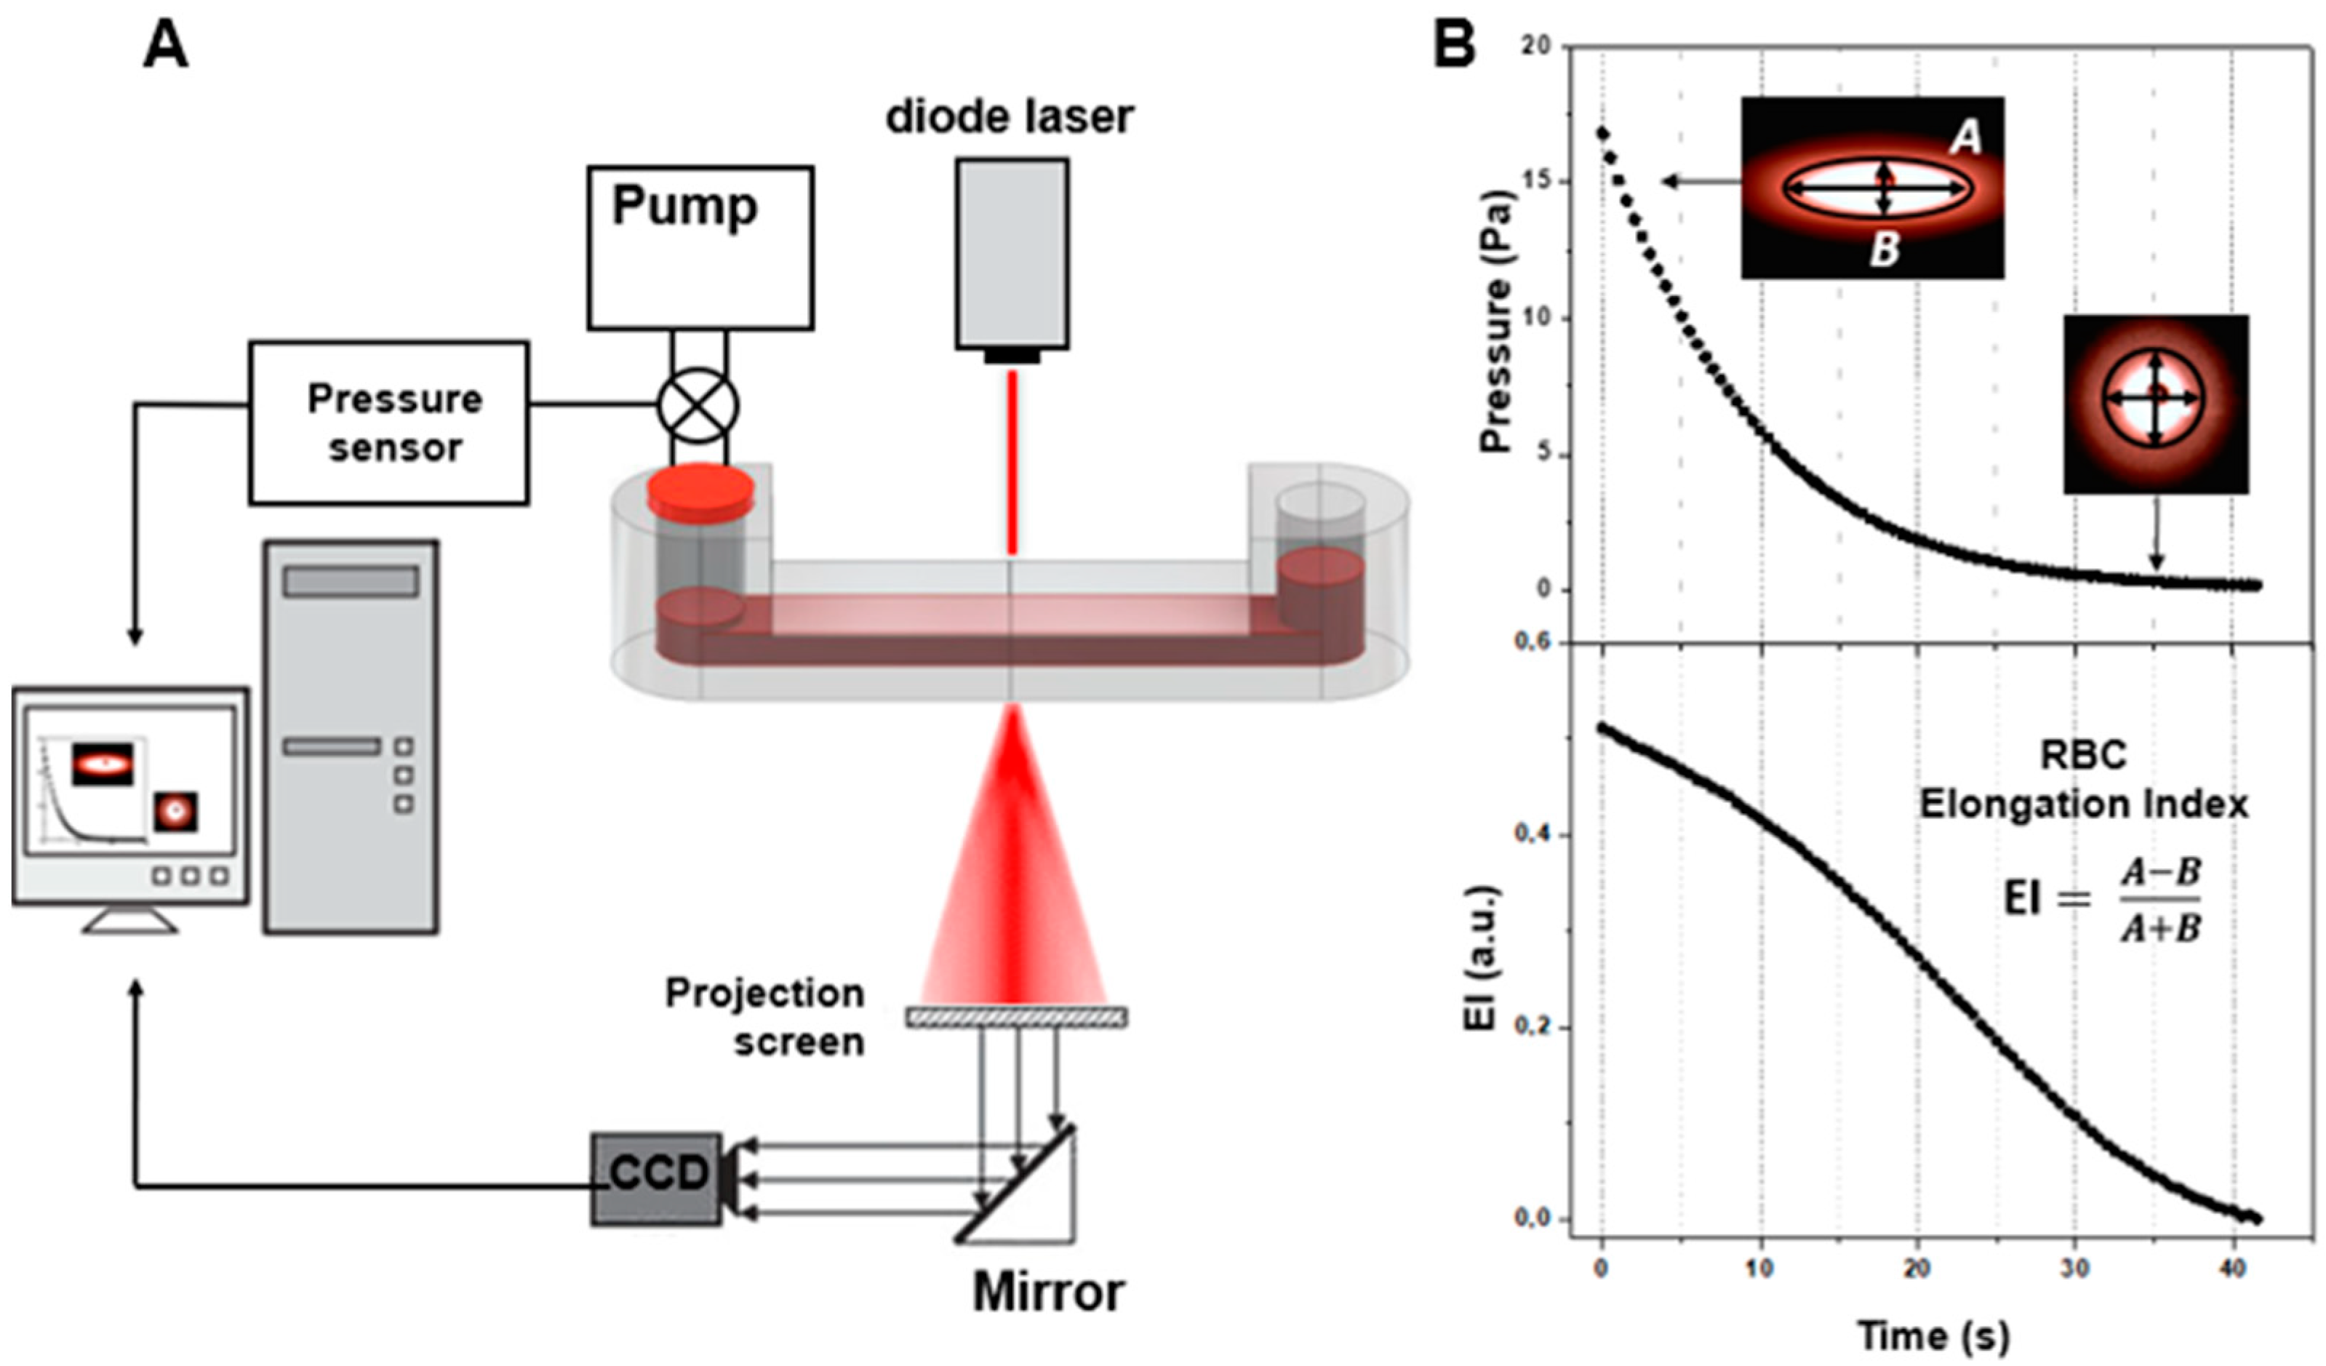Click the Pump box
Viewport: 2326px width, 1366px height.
700,247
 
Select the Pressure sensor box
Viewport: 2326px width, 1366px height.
388,423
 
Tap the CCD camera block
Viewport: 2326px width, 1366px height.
656,1178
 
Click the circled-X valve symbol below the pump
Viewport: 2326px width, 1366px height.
698,406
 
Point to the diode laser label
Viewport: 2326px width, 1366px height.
1010,117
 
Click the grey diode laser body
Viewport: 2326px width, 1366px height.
1012,254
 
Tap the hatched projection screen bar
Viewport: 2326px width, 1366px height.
1016,1017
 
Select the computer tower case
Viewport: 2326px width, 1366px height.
350,737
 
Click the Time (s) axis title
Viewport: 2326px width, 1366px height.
1933,1335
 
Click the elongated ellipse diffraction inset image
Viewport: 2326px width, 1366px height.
1872,188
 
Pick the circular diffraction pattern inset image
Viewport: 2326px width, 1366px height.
2155,404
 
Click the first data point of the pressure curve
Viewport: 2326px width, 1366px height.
1602,133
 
